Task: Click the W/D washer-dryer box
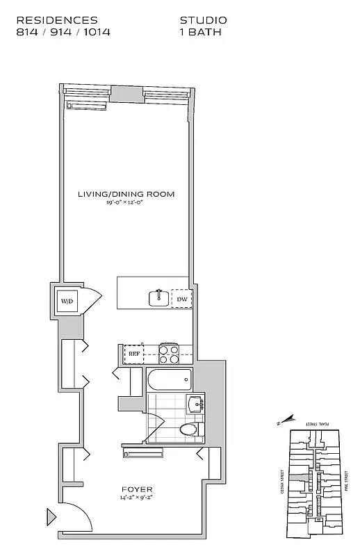pyautogui.click(x=67, y=301)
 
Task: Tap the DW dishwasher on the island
pyautogui.click(x=181, y=300)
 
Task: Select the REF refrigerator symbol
pyautogui.click(x=134, y=354)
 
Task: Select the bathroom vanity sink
pyautogui.click(x=195, y=404)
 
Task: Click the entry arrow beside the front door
pyautogui.click(x=51, y=517)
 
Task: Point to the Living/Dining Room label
pyautogui.click(x=126, y=194)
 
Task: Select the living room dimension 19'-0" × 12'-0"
pyautogui.click(x=126, y=203)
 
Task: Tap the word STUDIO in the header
pyautogui.click(x=203, y=21)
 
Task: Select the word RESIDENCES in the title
pyautogui.click(x=56, y=21)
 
